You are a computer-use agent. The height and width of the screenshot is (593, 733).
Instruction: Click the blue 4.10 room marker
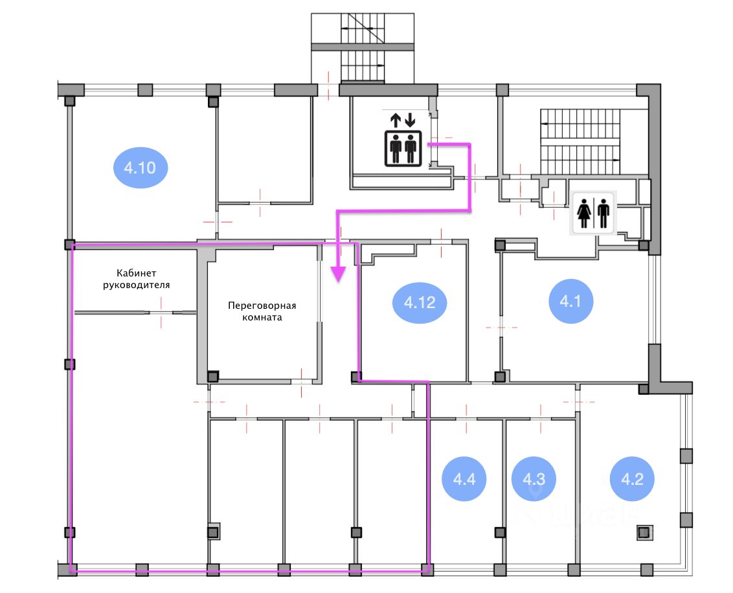[141, 167]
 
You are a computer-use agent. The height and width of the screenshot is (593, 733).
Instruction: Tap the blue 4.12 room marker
[420, 302]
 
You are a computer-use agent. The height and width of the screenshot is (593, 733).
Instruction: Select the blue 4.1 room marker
[570, 301]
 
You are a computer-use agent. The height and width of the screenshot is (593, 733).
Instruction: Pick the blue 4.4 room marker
[464, 479]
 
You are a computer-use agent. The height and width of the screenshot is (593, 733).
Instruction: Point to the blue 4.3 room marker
[534, 479]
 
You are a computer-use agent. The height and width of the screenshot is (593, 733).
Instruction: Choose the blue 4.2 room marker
[632, 479]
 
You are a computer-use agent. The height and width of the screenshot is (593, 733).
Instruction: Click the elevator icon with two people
[403, 149]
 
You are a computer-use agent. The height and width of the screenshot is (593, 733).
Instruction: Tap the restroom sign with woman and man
[593, 212]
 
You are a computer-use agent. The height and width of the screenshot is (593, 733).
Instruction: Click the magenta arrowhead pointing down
[338, 274]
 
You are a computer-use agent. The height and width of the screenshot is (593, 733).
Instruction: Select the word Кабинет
[136, 273]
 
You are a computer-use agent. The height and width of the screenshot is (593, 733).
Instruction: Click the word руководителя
[136, 285]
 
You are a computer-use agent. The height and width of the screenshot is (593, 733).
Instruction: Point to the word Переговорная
[262, 306]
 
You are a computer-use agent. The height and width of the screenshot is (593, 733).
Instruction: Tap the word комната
[262, 317]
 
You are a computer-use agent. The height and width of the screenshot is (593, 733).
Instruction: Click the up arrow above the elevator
[396, 120]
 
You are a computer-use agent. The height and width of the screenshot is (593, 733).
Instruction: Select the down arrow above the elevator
[410, 120]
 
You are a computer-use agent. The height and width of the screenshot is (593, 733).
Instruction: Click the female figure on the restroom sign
[584, 214]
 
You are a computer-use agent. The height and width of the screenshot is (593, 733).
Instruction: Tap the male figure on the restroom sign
[603, 214]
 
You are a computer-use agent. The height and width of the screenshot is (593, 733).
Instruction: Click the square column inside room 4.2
[645, 532]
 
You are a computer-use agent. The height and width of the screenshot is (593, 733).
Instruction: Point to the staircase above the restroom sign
[580, 142]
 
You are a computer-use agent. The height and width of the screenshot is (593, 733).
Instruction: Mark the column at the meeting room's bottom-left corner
[212, 376]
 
